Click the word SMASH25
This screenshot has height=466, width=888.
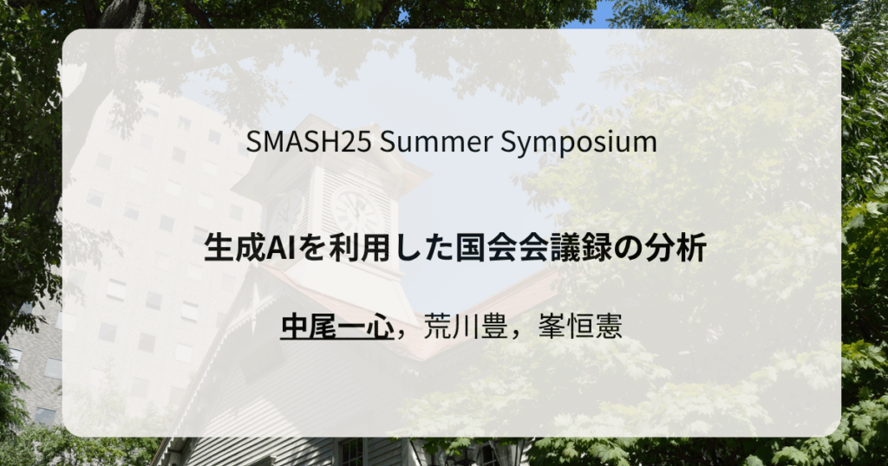(x=309, y=141)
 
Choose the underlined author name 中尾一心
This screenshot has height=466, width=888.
(x=337, y=326)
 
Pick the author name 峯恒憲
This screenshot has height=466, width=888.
(x=580, y=327)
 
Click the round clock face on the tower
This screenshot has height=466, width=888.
(x=356, y=211)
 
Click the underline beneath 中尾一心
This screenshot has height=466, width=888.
(x=337, y=340)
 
